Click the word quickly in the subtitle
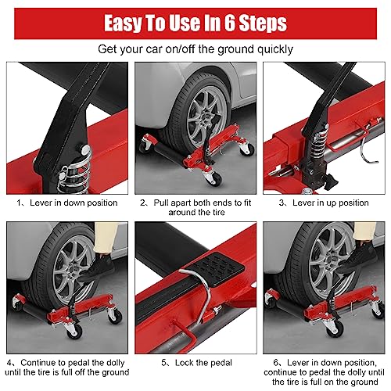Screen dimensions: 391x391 coord(269,48)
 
